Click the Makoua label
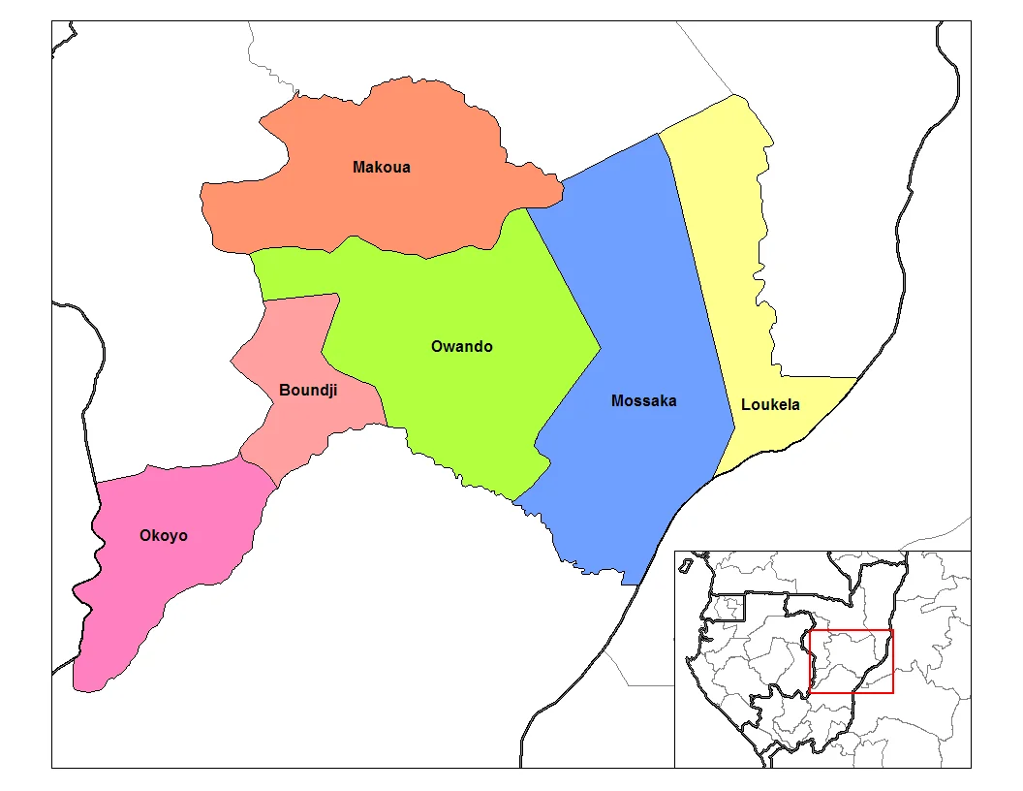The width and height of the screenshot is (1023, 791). click(381, 167)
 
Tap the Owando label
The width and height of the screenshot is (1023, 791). click(461, 346)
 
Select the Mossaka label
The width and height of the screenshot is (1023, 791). click(643, 400)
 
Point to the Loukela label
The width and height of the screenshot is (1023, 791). click(770, 404)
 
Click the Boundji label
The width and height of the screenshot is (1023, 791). click(308, 390)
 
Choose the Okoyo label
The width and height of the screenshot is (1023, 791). click(164, 535)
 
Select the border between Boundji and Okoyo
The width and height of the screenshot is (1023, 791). click(259, 466)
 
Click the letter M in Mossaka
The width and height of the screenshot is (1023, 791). click(617, 400)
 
